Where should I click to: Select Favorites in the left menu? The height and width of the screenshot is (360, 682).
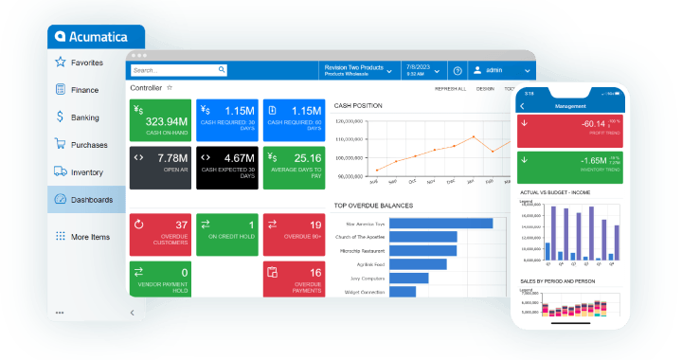[x=86, y=63]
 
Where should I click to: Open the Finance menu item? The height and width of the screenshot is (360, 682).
[x=84, y=90]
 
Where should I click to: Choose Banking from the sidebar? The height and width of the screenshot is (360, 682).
[x=84, y=117]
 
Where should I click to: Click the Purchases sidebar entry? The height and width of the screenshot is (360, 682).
[x=88, y=145]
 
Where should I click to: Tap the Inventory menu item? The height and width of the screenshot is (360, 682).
[x=86, y=172]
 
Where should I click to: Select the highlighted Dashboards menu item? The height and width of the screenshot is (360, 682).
[x=91, y=200]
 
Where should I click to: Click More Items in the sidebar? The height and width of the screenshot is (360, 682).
[x=90, y=237]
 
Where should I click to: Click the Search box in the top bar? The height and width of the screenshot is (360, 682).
[x=179, y=70]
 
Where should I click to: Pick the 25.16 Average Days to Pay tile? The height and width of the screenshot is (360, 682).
[x=295, y=166]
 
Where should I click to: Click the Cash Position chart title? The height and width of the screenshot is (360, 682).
[x=358, y=106]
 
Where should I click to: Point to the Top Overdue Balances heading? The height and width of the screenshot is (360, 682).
[x=373, y=205]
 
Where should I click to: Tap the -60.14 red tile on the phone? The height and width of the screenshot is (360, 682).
[x=570, y=127]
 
